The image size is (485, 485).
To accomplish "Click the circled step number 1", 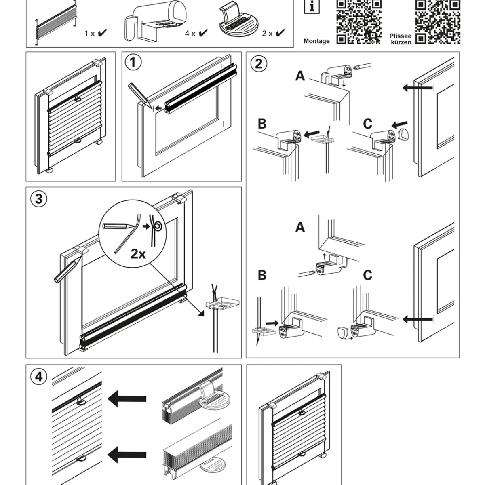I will pos(133,63).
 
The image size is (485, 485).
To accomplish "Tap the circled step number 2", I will pos(258,63).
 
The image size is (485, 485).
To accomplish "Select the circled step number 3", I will pos(38,199).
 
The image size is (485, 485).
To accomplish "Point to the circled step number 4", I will pos(38,377).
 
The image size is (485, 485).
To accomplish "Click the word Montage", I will pos(316,41).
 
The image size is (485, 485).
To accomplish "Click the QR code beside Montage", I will pos(359,21).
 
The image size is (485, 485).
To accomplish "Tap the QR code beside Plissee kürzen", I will pos(438,21).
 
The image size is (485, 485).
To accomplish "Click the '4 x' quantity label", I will pos(190,34).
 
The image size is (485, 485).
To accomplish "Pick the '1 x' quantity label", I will pos(89,34).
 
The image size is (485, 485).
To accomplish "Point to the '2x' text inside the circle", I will pos(138,254).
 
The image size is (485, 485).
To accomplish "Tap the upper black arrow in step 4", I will pos(127,398).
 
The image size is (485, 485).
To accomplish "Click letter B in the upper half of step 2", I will pos(262,124).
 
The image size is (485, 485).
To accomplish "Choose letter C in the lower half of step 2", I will pos(367,275).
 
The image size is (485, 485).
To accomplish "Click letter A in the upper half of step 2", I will pos(300,76).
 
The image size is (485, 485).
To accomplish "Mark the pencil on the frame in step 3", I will pos(65,270).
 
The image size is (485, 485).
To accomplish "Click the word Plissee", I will pos(400,36).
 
